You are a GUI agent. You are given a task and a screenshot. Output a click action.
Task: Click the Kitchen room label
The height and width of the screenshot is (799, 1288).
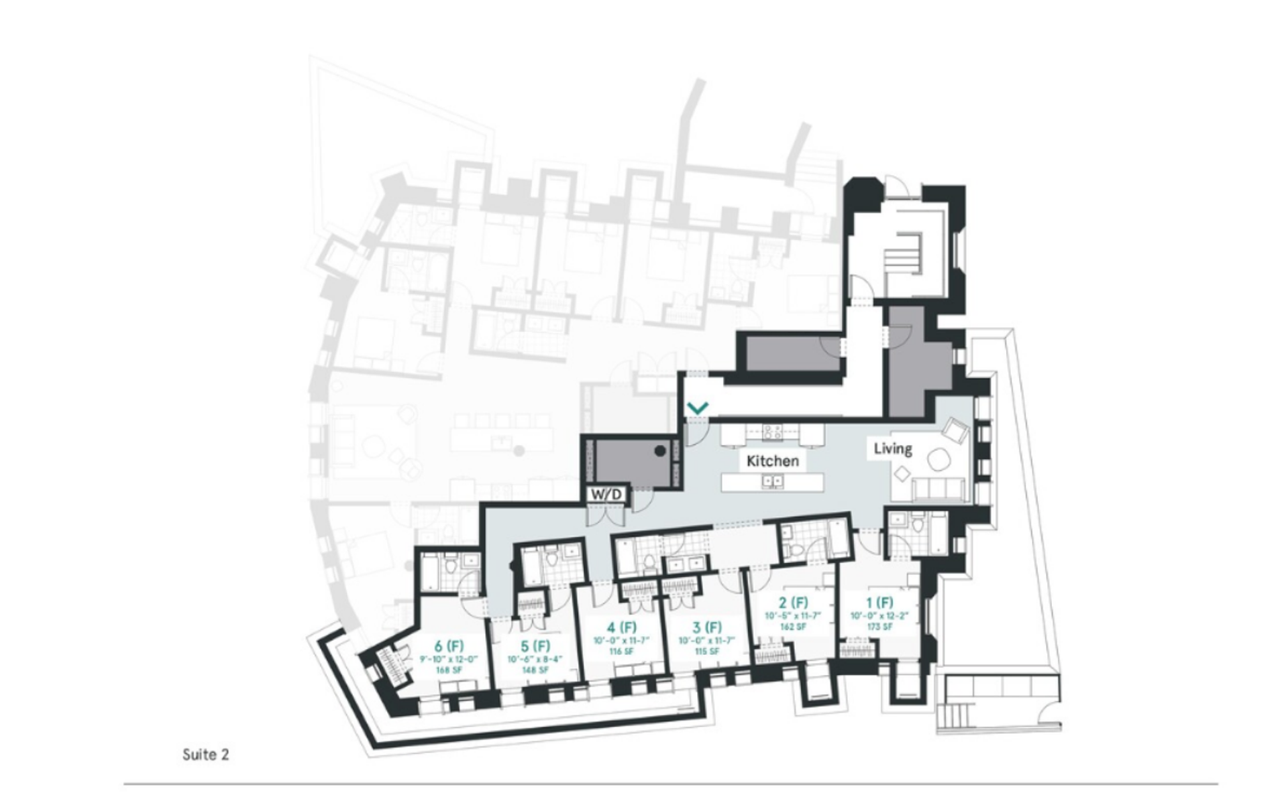772,461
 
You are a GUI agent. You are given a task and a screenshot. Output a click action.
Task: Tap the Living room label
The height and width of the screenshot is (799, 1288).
892,448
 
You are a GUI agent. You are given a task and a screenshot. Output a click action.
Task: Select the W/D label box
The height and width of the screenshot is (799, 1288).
607,495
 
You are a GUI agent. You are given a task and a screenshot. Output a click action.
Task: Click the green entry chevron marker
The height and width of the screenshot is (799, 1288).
698,407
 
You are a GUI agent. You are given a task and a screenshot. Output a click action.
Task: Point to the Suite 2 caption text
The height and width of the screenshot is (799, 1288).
205,755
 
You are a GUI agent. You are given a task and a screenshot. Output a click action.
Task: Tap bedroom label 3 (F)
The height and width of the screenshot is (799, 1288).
706,627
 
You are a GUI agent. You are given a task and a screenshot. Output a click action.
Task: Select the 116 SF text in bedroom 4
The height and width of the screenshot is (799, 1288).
621,652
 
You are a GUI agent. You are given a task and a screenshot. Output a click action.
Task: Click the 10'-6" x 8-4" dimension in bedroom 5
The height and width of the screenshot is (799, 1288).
535,659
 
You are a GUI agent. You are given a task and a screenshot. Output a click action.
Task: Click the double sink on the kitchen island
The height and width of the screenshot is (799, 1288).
771,481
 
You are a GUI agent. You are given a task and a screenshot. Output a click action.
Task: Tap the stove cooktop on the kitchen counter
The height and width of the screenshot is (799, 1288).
772,432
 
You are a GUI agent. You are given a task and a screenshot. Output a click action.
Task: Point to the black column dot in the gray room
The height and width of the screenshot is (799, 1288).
660,451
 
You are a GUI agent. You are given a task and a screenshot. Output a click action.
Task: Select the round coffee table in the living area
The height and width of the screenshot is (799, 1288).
937,459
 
